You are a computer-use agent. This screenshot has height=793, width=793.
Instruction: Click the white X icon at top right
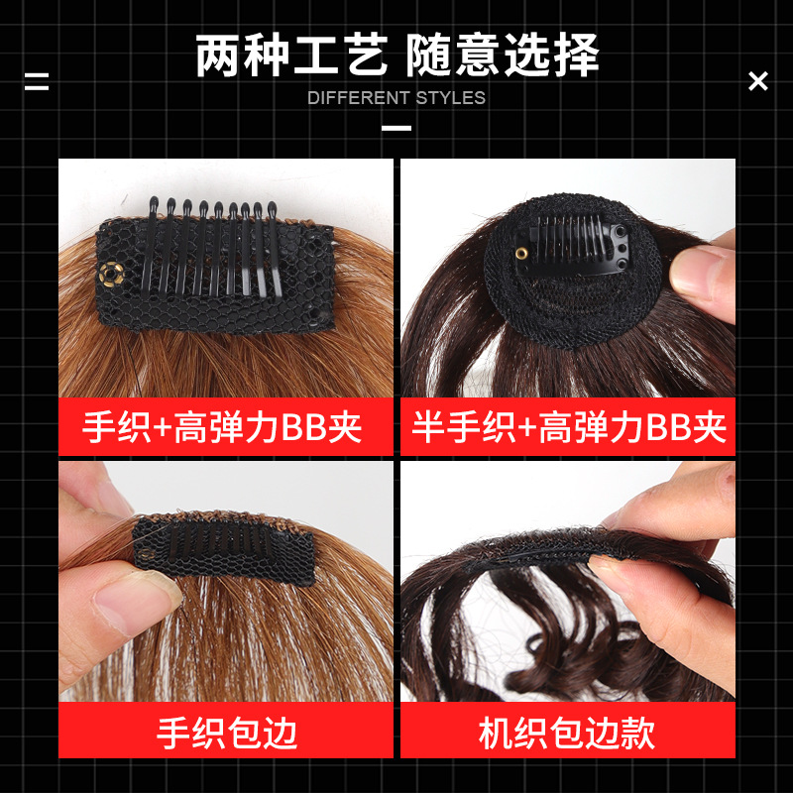coord(758,81)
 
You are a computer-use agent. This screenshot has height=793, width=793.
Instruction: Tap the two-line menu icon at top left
coord(37,81)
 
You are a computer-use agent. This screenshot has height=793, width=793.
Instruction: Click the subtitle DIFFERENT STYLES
coord(396,98)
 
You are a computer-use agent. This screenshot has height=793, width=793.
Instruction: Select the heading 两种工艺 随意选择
coord(396,55)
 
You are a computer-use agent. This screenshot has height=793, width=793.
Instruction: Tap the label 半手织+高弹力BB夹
coord(569,427)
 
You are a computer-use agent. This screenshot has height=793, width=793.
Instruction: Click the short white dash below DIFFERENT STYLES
coord(396,129)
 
